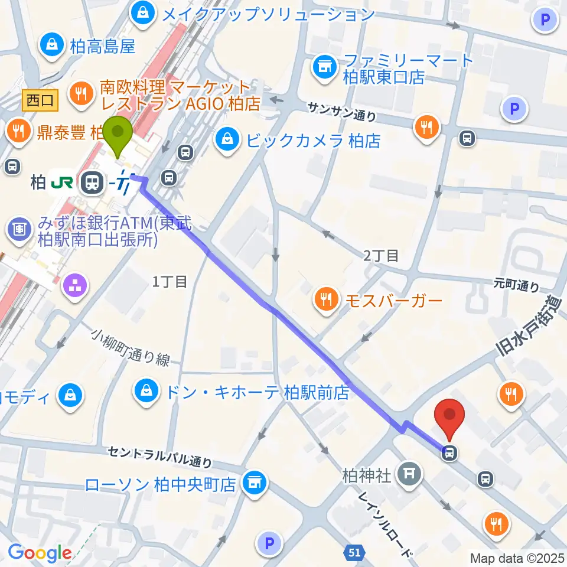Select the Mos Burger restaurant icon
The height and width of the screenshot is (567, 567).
tap(325, 299)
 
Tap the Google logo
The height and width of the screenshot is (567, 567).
tap(39, 553)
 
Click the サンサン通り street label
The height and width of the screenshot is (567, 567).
tap(341, 111)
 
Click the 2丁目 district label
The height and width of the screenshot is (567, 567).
tap(381, 255)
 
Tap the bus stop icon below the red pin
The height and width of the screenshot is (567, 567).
tap(449, 453)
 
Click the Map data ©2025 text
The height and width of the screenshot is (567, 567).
tap(517, 557)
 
